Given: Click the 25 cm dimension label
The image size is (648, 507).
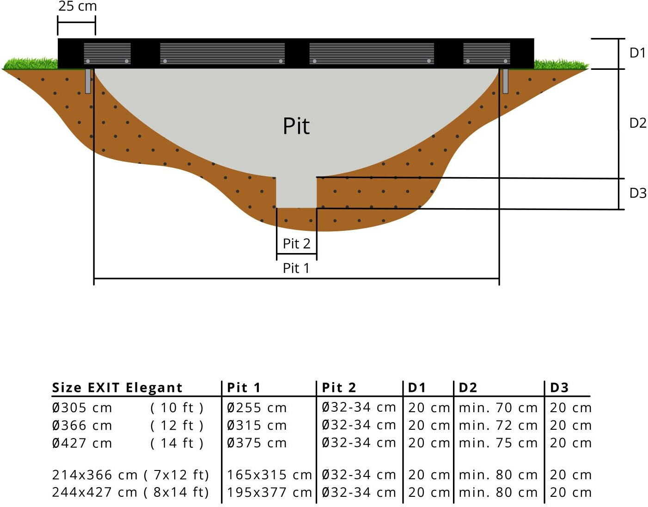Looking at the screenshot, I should [x=77, y=6].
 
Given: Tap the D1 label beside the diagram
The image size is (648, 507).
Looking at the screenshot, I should [x=637, y=53].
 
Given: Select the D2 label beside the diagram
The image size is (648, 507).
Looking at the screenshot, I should [x=637, y=123].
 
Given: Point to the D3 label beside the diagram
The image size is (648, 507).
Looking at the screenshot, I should [x=637, y=193].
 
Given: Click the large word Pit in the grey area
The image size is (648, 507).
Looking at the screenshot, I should [x=296, y=126].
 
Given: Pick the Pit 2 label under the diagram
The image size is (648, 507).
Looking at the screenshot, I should [x=296, y=243].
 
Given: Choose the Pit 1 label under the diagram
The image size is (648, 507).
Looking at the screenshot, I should [x=296, y=268].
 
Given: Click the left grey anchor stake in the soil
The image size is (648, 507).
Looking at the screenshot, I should [x=88, y=81].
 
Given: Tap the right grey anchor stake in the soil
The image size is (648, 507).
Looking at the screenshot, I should [x=505, y=81].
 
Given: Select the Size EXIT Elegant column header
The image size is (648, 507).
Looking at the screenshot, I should [x=117, y=388].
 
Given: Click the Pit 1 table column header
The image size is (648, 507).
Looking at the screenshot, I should [x=244, y=388].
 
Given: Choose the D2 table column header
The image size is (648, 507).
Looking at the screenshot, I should [x=468, y=388].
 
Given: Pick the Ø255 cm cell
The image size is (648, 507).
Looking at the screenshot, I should [x=257, y=408].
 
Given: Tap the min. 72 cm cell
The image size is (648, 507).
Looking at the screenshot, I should [x=498, y=425].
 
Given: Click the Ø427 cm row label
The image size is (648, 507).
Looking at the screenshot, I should [x=82, y=443].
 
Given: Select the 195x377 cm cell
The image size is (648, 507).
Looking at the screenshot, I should [x=269, y=492].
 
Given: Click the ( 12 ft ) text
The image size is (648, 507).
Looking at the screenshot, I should [x=177, y=425].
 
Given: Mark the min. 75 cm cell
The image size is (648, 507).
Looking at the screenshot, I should [x=498, y=443].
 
